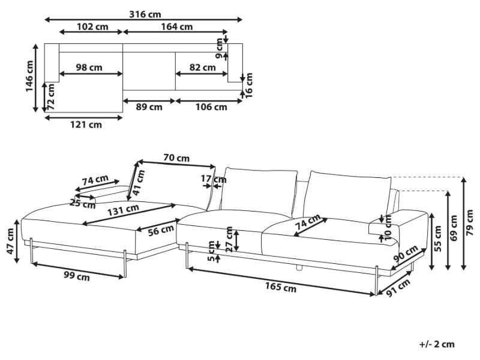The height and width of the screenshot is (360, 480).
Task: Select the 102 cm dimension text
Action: coord(92,26)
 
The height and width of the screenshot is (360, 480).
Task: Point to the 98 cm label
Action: coord(89,67)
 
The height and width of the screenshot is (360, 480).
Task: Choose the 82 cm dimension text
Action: coord(202,67)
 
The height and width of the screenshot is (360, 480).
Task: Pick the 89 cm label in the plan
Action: coord(149,107)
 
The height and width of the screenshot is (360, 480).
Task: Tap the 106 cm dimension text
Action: coord(212,107)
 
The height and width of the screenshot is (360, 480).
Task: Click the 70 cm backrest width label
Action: coord(176,158)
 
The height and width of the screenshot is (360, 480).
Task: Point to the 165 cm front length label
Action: coord(282,287)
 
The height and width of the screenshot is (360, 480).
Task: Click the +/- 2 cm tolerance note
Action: coord(437,344)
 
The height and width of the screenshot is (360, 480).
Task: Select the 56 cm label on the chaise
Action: coord(161,228)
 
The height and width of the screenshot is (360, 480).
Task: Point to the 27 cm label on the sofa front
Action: coord(229,239)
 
